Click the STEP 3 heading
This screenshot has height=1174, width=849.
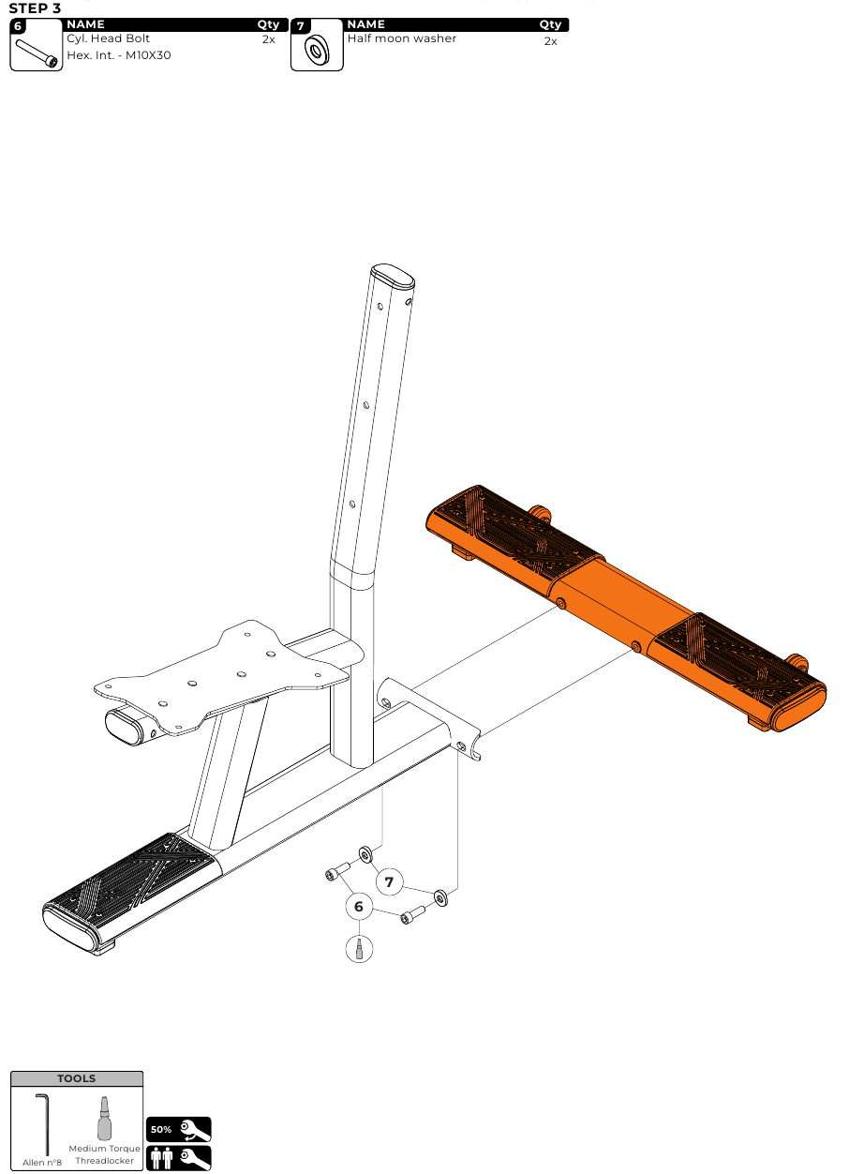click(x=35, y=8)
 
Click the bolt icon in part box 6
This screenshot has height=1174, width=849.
click(x=37, y=53)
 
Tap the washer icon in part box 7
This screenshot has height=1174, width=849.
click(x=317, y=51)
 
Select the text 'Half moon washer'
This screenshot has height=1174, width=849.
click(x=402, y=38)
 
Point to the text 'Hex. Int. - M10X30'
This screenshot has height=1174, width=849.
click(x=119, y=55)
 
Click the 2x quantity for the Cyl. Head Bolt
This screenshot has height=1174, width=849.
click(x=269, y=39)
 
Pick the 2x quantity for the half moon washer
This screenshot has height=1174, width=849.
click(x=550, y=41)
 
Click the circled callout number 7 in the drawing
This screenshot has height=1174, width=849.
click(x=389, y=882)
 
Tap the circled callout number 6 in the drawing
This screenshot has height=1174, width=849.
click(x=359, y=907)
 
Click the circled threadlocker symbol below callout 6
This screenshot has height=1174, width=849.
click(x=359, y=949)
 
